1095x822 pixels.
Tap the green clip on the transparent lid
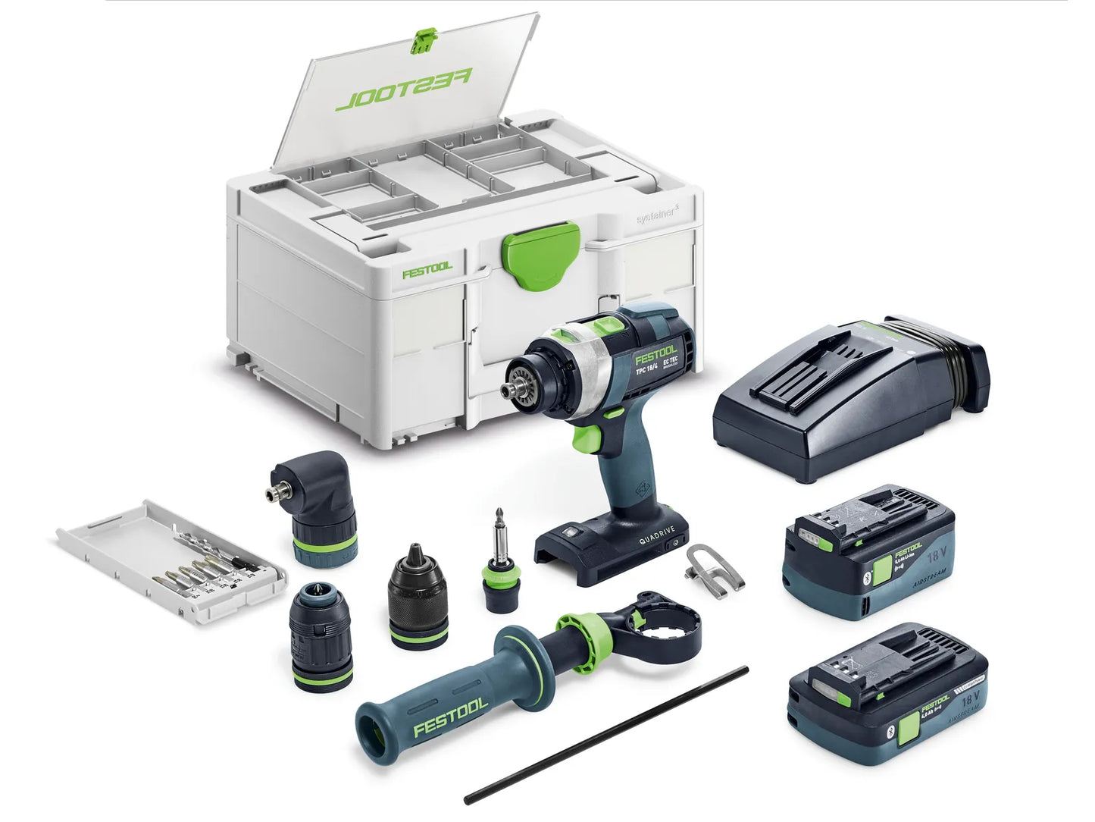point(424,42)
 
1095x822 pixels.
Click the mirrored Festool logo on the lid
point(403,89)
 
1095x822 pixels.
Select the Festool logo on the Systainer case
point(427,268)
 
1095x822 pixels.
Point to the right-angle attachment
point(314,500)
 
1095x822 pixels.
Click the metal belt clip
point(714,566)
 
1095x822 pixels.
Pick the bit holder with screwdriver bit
point(499,561)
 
